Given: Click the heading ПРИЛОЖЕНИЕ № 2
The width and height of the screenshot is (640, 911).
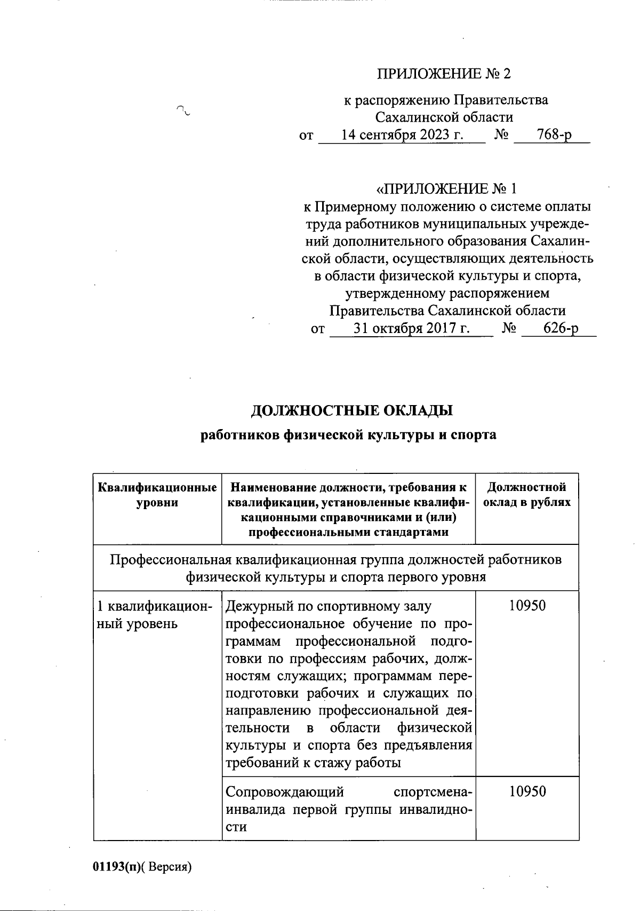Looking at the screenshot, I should tap(444, 74).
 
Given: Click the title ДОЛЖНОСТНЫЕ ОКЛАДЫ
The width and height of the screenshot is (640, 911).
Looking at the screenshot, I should tap(351, 411).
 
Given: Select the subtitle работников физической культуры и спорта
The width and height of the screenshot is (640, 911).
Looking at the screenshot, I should tap(348, 435).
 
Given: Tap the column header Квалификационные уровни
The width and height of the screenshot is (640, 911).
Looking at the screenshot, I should tap(157, 495).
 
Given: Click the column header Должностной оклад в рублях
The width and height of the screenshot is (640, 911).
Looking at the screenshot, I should tap(526, 495).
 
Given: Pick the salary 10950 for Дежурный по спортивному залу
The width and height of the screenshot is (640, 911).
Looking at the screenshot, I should tap(527, 606).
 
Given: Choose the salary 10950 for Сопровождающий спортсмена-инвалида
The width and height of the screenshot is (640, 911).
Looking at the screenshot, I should tap(527, 791).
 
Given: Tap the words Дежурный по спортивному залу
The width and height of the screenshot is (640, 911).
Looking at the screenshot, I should tap(329, 606).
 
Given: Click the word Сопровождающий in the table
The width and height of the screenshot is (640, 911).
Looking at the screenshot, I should tap(284, 791).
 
